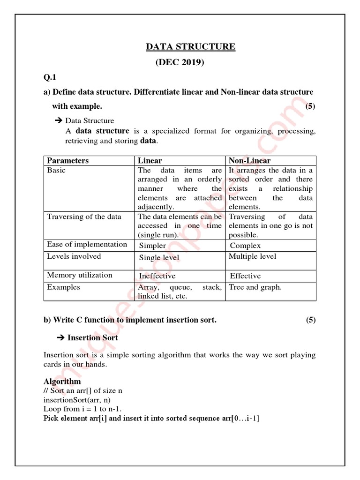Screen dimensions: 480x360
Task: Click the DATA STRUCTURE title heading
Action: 191,46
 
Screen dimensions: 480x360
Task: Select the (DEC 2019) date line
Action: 180,62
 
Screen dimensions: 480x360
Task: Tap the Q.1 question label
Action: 50,77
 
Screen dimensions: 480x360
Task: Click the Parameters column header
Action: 67,161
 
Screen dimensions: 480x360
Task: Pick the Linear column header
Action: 150,161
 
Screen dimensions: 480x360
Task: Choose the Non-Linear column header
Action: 249,161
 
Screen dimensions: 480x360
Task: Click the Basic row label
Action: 56,170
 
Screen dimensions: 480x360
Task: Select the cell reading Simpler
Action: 152,246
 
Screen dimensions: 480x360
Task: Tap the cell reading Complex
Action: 245,246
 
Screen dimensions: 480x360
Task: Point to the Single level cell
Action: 159,258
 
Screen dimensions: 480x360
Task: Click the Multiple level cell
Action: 253,256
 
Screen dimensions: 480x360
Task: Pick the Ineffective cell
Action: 157,276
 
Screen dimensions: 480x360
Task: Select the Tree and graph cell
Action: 255,287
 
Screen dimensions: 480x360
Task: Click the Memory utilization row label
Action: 80,275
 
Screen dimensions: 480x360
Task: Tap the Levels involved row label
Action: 74,256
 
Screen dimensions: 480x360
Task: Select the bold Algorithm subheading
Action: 62,382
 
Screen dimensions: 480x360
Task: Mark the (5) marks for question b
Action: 311,320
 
